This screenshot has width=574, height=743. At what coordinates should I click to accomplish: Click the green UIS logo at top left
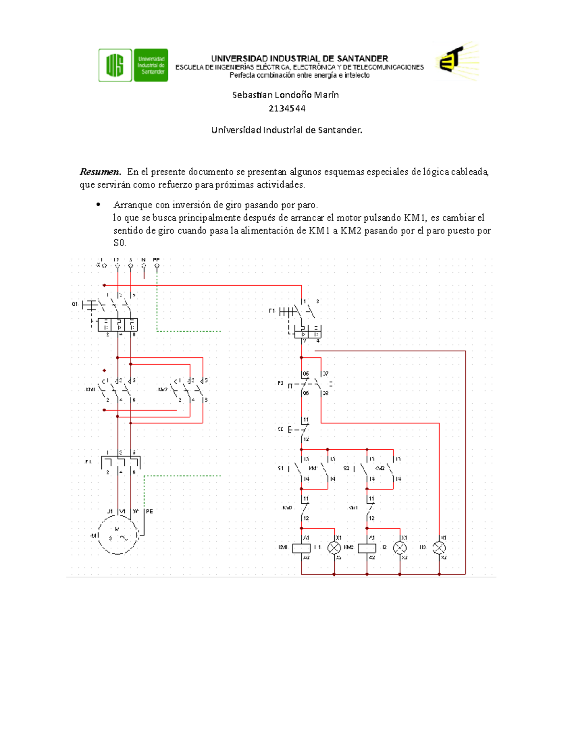tap(133, 65)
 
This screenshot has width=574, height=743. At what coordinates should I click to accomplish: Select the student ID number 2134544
tap(287, 109)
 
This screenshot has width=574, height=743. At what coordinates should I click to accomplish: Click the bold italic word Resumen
tap(99, 172)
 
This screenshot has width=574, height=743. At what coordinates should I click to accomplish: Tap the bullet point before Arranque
tap(98, 205)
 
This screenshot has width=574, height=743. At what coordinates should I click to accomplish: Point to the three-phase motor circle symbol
tap(118, 535)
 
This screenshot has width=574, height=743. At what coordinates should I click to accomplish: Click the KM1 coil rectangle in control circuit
tap(301, 548)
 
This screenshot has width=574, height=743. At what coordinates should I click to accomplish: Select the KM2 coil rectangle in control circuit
tap(367, 548)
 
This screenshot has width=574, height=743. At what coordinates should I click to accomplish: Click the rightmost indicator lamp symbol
tap(439, 548)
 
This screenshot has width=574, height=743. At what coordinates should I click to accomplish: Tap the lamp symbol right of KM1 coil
tap(334, 548)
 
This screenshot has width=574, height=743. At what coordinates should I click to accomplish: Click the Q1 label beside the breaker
tap(75, 304)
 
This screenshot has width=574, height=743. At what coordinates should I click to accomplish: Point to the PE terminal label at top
tap(156, 260)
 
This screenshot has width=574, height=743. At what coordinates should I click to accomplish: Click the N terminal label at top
tap(143, 260)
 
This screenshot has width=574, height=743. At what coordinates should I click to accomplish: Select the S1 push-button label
tap(281, 468)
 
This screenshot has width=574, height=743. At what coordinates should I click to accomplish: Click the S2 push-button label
tap(346, 468)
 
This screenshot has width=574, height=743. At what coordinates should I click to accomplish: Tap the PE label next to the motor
tap(149, 511)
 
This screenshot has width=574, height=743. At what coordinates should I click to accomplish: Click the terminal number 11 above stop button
tap(306, 420)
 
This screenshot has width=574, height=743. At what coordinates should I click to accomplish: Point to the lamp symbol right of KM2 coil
tap(399, 548)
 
